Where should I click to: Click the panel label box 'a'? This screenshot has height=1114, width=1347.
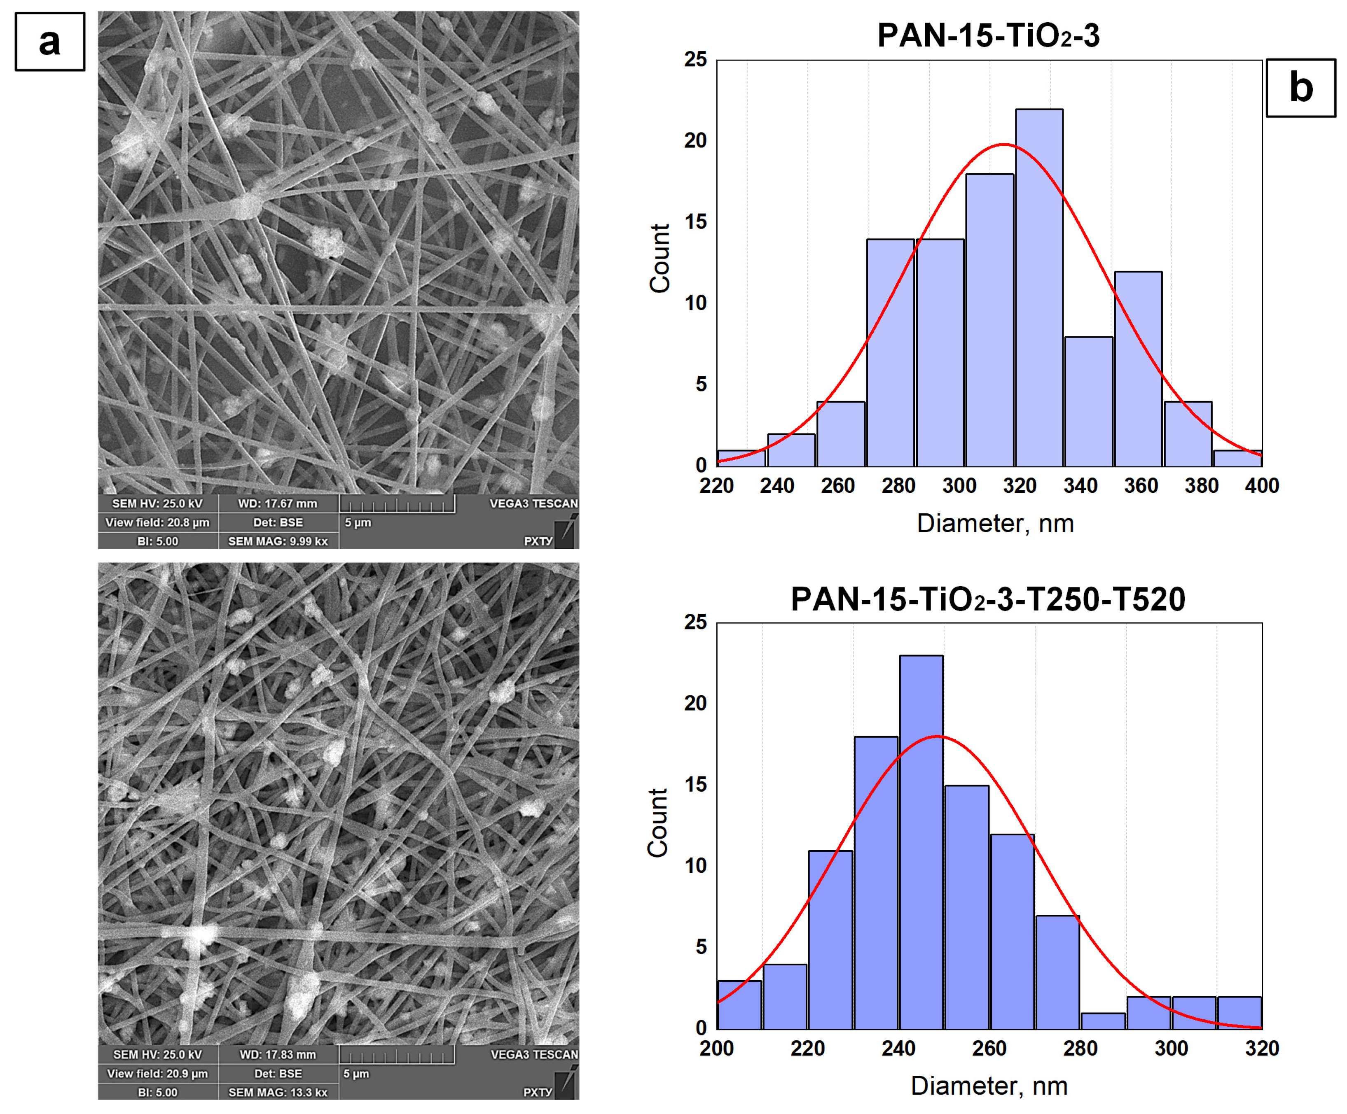click(49, 42)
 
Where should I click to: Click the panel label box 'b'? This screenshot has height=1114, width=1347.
click(1300, 88)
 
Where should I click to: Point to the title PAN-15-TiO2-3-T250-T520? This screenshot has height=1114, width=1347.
click(988, 600)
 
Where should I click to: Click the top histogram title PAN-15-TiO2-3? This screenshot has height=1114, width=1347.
click(988, 35)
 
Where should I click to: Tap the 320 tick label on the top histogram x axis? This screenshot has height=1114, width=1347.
click(1019, 486)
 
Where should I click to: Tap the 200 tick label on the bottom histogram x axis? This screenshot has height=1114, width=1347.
click(716, 1049)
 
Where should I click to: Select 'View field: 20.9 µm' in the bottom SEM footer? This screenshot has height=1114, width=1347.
click(157, 1074)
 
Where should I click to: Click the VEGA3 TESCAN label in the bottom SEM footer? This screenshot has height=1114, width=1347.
click(534, 1054)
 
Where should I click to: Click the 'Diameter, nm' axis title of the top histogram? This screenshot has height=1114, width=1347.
click(995, 524)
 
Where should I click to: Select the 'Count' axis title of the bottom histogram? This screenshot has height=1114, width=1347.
click(658, 823)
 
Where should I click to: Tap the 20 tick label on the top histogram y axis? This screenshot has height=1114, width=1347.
click(695, 140)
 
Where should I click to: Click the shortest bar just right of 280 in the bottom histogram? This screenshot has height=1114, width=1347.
click(1103, 1021)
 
